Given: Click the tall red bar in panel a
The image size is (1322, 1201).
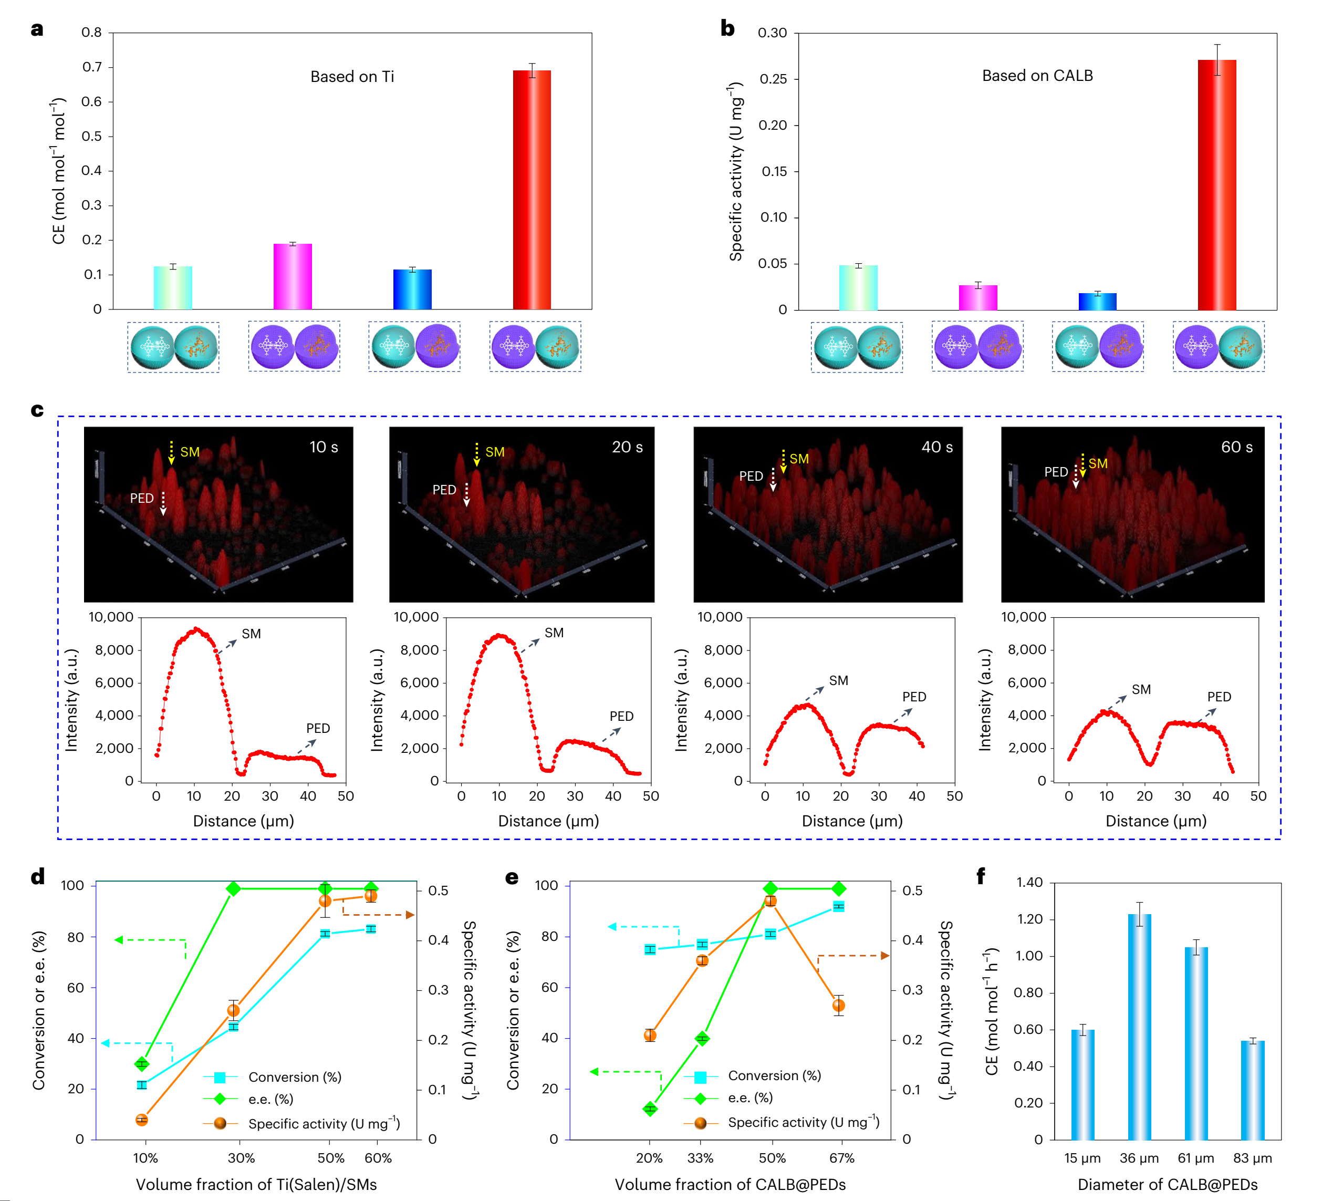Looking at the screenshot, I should pyautogui.click(x=532, y=190).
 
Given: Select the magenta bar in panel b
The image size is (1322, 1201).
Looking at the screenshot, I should pyautogui.click(x=978, y=298).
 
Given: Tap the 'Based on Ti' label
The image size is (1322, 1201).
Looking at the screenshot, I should pyautogui.click(x=352, y=77).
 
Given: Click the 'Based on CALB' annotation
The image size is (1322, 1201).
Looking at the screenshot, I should pyautogui.click(x=1037, y=76).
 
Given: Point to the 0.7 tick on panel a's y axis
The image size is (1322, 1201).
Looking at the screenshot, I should pyautogui.click(x=92, y=67).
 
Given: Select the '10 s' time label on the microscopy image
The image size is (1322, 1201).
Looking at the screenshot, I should pyautogui.click(x=324, y=447).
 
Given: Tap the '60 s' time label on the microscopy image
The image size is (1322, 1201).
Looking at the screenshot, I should pyautogui.click(x=1236, y=447).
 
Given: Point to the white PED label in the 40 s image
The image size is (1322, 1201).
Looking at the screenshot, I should pyautogui.click(x=751, y=475).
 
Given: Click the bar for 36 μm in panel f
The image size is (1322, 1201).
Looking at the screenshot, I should pyautogui.click(x=1140, y=1027).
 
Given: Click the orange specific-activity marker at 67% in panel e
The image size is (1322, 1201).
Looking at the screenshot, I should pyautogui.click(x=839, y=1006).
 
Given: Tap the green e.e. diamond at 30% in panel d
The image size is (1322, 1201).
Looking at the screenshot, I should pyautogui.click(x=233, y=889).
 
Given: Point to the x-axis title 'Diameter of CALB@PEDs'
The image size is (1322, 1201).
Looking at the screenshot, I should pyautogui.click(x=1167, y=1185).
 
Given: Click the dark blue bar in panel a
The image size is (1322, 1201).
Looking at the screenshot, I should pyautogui.click(x=412, y=289).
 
